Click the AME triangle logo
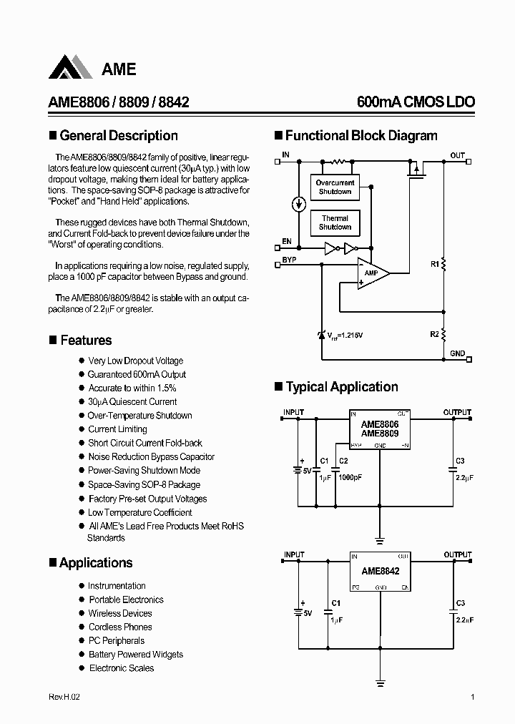[x=71, y=68]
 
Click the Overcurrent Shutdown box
[x=335, y=187]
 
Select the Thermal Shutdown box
[x=335, y=222]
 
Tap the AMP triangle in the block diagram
[x=373, y=273]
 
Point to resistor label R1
[x=433, y=265]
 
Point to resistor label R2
[x=433, y=334]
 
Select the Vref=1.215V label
[x=345, y=335]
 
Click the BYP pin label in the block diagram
[x=289, y=259]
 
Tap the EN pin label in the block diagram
[x=287, y=242]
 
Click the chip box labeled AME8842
[x=380, y=572]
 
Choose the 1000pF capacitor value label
[x=351, y=476]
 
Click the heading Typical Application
[x=341, y=387]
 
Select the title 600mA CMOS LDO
[x=416, y=102]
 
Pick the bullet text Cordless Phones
[x=120, y=627]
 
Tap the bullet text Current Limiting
[x=117, y=429]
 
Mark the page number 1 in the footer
[x=473, y=697]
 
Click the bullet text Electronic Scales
[x=122, y=668]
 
